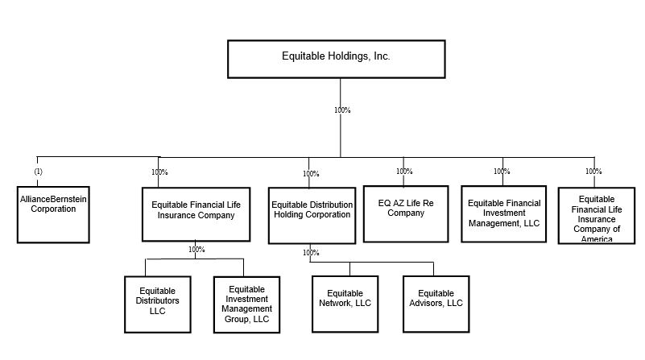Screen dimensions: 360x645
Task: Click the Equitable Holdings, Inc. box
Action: [x=336, y=57]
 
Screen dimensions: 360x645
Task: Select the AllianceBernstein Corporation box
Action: [x=53, y=214]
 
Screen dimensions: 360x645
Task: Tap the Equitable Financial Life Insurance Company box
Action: [x=196, y=213]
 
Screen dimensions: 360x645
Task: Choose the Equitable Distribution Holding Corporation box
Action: [x=311, y=214]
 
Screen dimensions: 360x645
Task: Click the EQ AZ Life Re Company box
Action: [x=405, y=213]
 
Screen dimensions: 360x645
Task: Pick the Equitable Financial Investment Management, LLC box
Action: [x=503, y=213]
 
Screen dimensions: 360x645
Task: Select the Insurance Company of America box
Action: [x=597, y=215]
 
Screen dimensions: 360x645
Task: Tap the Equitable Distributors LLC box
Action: [x=158, y=304]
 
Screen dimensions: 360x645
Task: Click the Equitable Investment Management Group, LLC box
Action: [x=246, y=304]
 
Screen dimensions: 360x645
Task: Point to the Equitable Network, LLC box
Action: [x=345, y=304]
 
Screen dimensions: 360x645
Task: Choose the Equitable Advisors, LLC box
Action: [x=436, y=304]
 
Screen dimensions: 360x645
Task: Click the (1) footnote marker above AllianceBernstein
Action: [x=38, y=172]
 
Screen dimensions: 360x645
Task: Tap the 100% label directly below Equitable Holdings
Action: [x=342, y=110]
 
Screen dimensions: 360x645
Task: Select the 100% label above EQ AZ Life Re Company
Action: [x=404, y=172]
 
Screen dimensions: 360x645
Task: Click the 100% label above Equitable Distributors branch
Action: [x=196, y=250]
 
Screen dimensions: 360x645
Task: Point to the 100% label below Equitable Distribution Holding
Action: [x=311, y=253]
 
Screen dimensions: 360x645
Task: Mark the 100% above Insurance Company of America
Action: [x=593, y=172]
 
